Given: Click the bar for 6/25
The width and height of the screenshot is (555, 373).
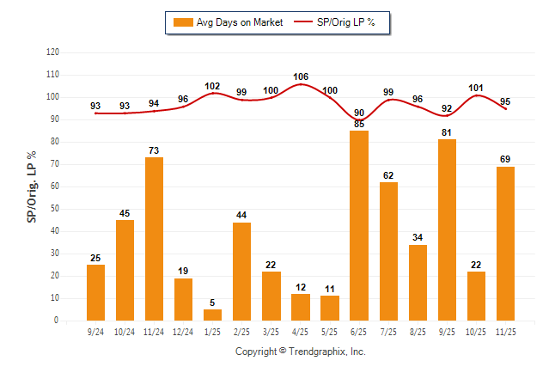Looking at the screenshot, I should (x=359, y=225).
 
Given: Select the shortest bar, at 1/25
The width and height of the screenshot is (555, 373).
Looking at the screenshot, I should (x=213, y=315).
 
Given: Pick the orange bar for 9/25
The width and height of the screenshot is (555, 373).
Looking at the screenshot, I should (x=447, y=229).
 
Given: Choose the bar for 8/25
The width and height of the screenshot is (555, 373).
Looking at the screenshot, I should (x=418, y=282).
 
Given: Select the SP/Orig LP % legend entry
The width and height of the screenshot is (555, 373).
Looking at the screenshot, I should (x=336, y=22).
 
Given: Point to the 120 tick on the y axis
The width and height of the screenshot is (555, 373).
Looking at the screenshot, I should (x=52, y=52).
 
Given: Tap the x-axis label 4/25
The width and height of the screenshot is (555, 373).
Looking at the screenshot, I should (x=301, y=331).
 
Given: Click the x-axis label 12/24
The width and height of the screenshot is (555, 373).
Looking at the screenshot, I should (x=184, y=331).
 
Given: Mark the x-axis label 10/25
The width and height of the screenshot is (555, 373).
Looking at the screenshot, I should (x=476, y=331).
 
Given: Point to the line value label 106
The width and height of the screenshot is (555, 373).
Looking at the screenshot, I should (x=301, y=76).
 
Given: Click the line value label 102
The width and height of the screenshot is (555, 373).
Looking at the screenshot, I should (x=213, y=86).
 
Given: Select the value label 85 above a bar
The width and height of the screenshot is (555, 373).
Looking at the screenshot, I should (x=359, y=124).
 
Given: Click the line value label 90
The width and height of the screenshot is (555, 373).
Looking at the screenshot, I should (x=359, y=113).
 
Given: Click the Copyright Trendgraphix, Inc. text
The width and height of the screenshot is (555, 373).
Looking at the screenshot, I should (x=301, y=352).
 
